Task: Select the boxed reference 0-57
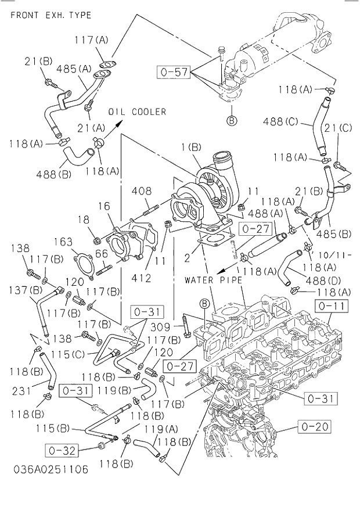[174, 72]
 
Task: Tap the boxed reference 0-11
[331, 305]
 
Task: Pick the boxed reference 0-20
[315, 427]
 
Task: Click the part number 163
[64, 242]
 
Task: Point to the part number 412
[141, 278]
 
